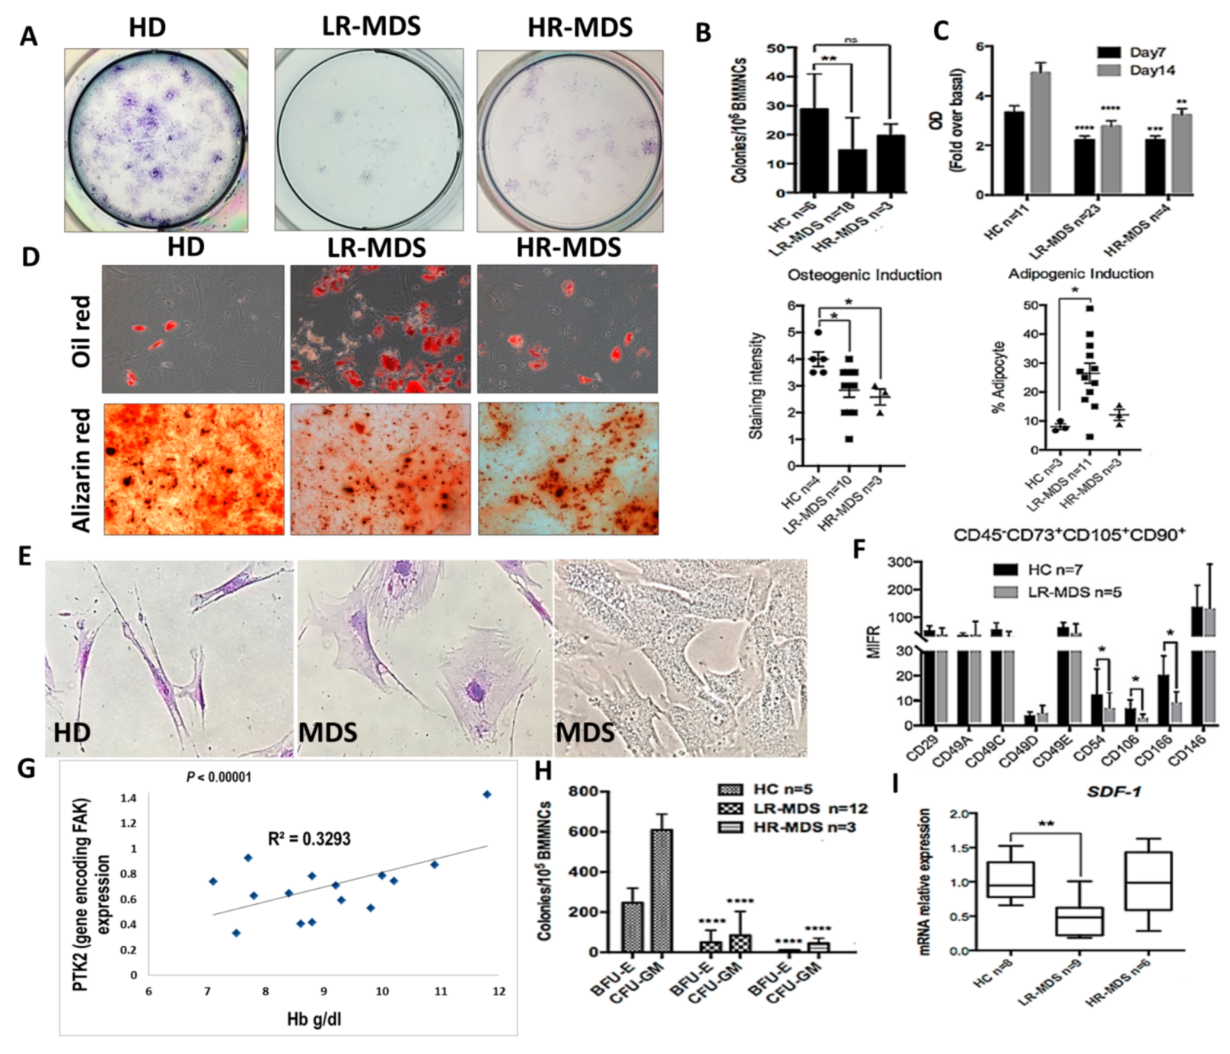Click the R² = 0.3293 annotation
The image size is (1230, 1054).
pos(309,839)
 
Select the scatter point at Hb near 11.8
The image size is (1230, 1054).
pos(487,794)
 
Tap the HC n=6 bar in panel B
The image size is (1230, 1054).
pos(813,151)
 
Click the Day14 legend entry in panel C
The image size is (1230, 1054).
pos(1136,70)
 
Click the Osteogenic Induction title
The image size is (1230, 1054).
pos(864,275)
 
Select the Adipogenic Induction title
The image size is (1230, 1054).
pos(1080,273)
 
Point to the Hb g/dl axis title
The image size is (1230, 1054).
pos(314,1018)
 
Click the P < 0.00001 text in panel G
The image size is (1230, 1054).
pos(218,777)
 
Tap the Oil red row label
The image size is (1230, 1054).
pos(81,331)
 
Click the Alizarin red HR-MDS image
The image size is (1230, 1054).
pos(568,469)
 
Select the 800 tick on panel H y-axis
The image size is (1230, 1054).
pos(597,791)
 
